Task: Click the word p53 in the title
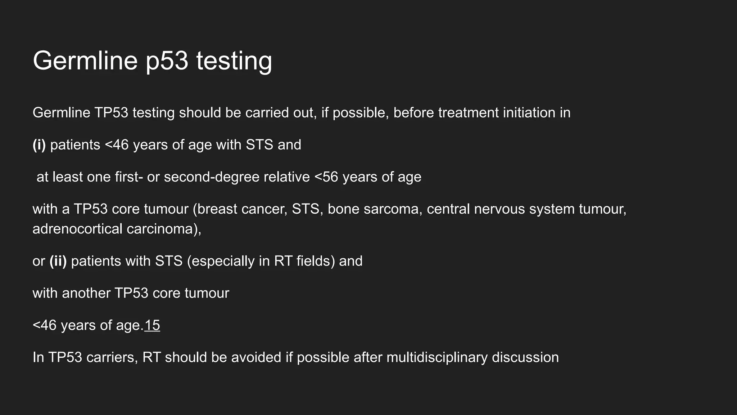tap(167, 61)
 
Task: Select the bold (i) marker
tap(39, 145)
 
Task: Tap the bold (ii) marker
tap(58, 261)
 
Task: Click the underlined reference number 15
tap(152, 325)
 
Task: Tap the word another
tap(86, 293)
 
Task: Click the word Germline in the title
tap(85, 61)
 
